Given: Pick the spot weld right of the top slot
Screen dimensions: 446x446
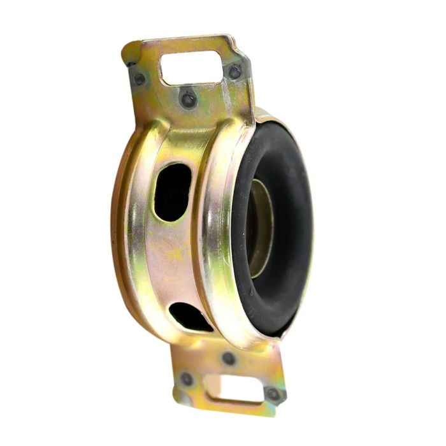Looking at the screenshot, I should click(x=235, y=72).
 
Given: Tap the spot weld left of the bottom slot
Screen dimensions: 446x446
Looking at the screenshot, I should click(x=187, y=379).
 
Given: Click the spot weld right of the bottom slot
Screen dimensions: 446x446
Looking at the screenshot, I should click(x=274, y=394).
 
